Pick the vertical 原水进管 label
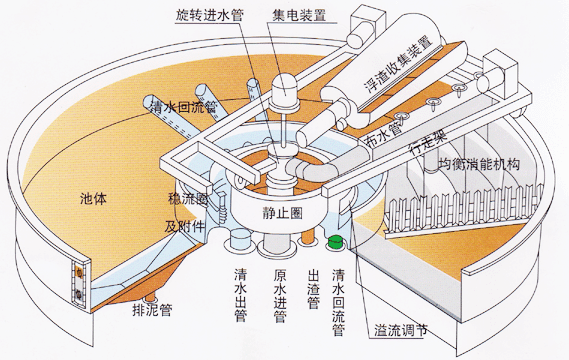pyautogui.click(x=280, y=295)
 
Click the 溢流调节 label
pyautogui.click(x=410, y=329)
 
